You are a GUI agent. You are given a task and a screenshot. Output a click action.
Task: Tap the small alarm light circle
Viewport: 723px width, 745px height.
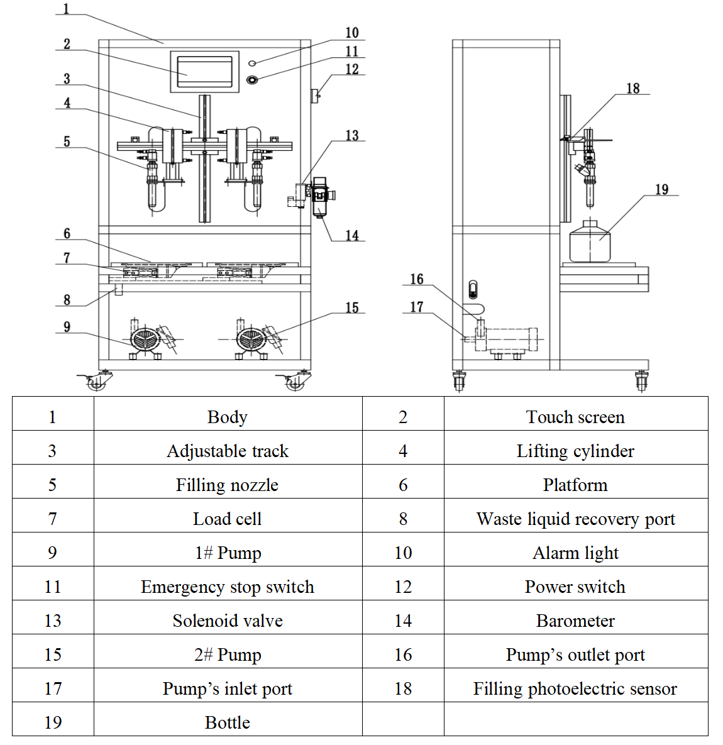(252, 63)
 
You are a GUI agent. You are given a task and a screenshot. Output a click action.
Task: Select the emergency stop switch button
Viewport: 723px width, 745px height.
(252, 80)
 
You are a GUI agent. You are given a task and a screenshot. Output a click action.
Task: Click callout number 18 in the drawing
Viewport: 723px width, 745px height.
(632, 89)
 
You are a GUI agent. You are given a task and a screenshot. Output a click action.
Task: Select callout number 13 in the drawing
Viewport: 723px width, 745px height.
(352, 136)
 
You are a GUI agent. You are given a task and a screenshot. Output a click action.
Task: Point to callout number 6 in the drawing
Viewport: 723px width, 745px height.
(67, 234)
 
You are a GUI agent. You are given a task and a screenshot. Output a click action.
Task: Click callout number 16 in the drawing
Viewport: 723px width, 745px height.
(417, 279)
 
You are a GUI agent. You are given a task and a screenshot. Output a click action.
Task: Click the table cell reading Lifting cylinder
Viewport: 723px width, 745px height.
(575, 451)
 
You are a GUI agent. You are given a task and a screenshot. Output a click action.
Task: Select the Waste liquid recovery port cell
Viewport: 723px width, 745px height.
(575, 519)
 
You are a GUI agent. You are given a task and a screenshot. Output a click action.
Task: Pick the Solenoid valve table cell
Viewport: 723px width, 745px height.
(228, 621)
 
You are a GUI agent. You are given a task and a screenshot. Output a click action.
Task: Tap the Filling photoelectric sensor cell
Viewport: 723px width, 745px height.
(575, 688)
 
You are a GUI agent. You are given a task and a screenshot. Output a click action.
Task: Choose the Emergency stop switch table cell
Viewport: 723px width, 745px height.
(228, 587)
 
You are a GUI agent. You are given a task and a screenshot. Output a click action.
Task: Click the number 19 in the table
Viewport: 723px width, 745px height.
(53, 722)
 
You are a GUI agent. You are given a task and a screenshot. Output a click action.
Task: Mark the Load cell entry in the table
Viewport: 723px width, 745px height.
(228, 519)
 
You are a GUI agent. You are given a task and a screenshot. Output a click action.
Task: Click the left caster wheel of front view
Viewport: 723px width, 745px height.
(97, 382)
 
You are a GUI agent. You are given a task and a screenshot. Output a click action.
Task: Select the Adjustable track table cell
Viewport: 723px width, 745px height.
(228, 451)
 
